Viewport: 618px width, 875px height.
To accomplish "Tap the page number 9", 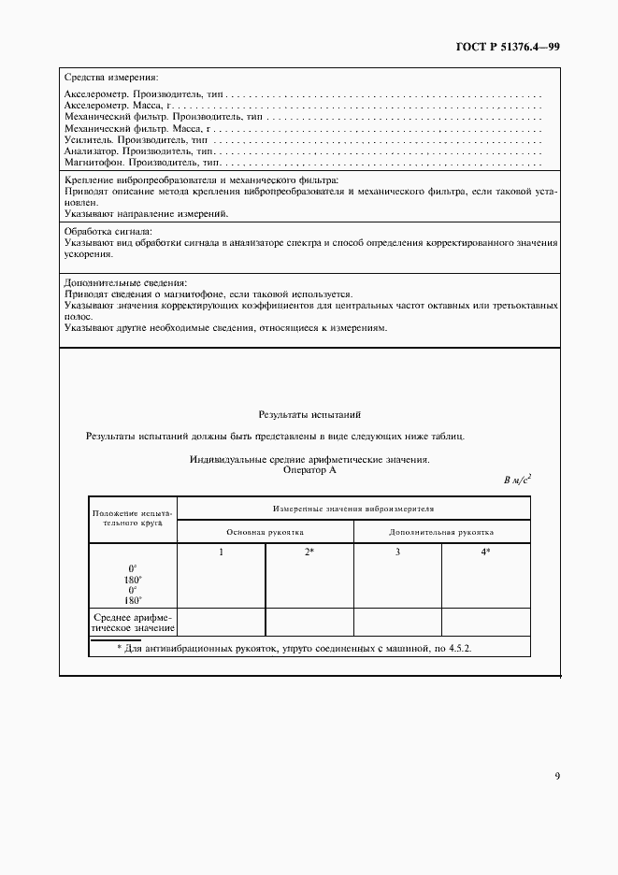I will pos(556,775).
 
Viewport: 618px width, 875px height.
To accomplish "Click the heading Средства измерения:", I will pos(110,77).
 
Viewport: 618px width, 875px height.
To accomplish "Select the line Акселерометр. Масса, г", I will pos(118,107).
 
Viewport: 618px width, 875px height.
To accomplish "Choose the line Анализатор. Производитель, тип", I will pos(139,151).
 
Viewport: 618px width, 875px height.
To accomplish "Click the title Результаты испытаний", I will pos(309,413).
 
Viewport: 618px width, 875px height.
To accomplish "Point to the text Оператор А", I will pos(309,470).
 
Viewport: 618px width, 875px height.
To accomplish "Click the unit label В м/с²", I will pos(516,481).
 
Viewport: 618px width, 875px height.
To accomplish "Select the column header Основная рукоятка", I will pos(266,531).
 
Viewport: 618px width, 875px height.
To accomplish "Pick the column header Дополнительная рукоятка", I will pos(441,531).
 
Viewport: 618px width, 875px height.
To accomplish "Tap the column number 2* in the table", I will pos(309,552).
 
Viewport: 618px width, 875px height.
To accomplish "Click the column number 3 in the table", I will pos(397,552).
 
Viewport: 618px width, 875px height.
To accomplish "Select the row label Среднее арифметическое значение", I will pos(132,622).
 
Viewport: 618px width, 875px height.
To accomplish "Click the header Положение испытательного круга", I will pos(132,519).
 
